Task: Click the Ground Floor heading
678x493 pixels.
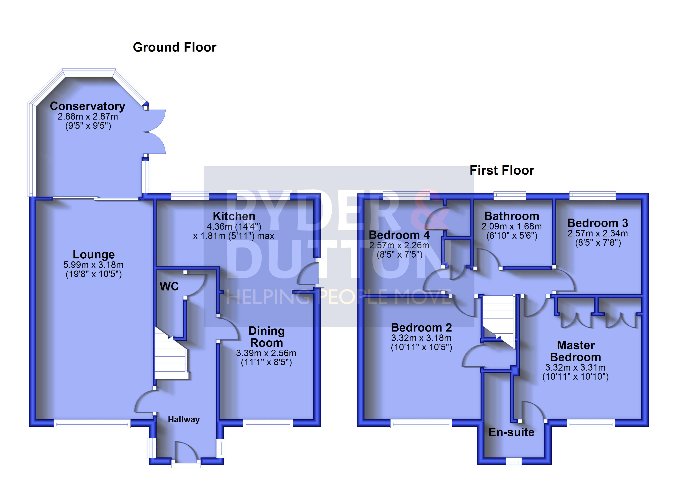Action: click(x=175, y=47)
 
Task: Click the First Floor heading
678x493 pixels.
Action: click(x=502, y=170)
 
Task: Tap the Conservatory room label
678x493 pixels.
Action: click(x=87, y=106)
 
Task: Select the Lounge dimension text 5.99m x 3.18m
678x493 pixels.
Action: click(x=93, y=265)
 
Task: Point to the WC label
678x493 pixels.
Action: click(x=169, y=286)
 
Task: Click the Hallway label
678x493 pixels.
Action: click(x=183, y=419)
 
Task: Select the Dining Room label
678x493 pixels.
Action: click(x=266, y=337)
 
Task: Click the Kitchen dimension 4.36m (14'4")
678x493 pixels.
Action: click(x=234, y=227)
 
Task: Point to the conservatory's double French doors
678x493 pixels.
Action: click(x=156, y=131)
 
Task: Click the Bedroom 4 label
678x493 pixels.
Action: click(x=399, y=235)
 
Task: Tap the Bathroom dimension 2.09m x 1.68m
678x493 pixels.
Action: click(x=512, y=227)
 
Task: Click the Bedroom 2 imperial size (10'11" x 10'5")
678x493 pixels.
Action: click(x=421, y=347)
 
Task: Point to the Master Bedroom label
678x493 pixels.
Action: click(x=575, y=351)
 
